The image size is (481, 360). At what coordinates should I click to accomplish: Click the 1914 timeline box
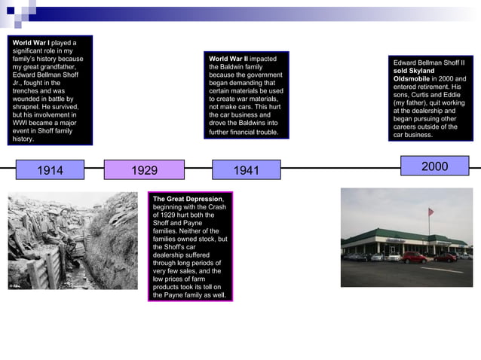pyautogui.click(x=51, y=170)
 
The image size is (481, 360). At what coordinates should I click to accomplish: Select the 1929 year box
pyautogui.click(x=144, y=170)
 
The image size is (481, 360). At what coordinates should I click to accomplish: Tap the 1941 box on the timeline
pyautogui.click(x=246, y=170)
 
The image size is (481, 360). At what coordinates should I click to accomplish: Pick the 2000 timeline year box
pyautogui.click(x=434, y=166)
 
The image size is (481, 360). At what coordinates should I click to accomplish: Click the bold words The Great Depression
pyautogui.click(x=188, y=199)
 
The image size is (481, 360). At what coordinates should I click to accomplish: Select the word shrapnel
pyautogui.click(x=28, y=107)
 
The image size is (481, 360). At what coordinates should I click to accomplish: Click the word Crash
pyautogui.click(x=216, y=207)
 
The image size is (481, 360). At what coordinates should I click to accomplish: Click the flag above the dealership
pyautogui.click(x=431, y=213)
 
